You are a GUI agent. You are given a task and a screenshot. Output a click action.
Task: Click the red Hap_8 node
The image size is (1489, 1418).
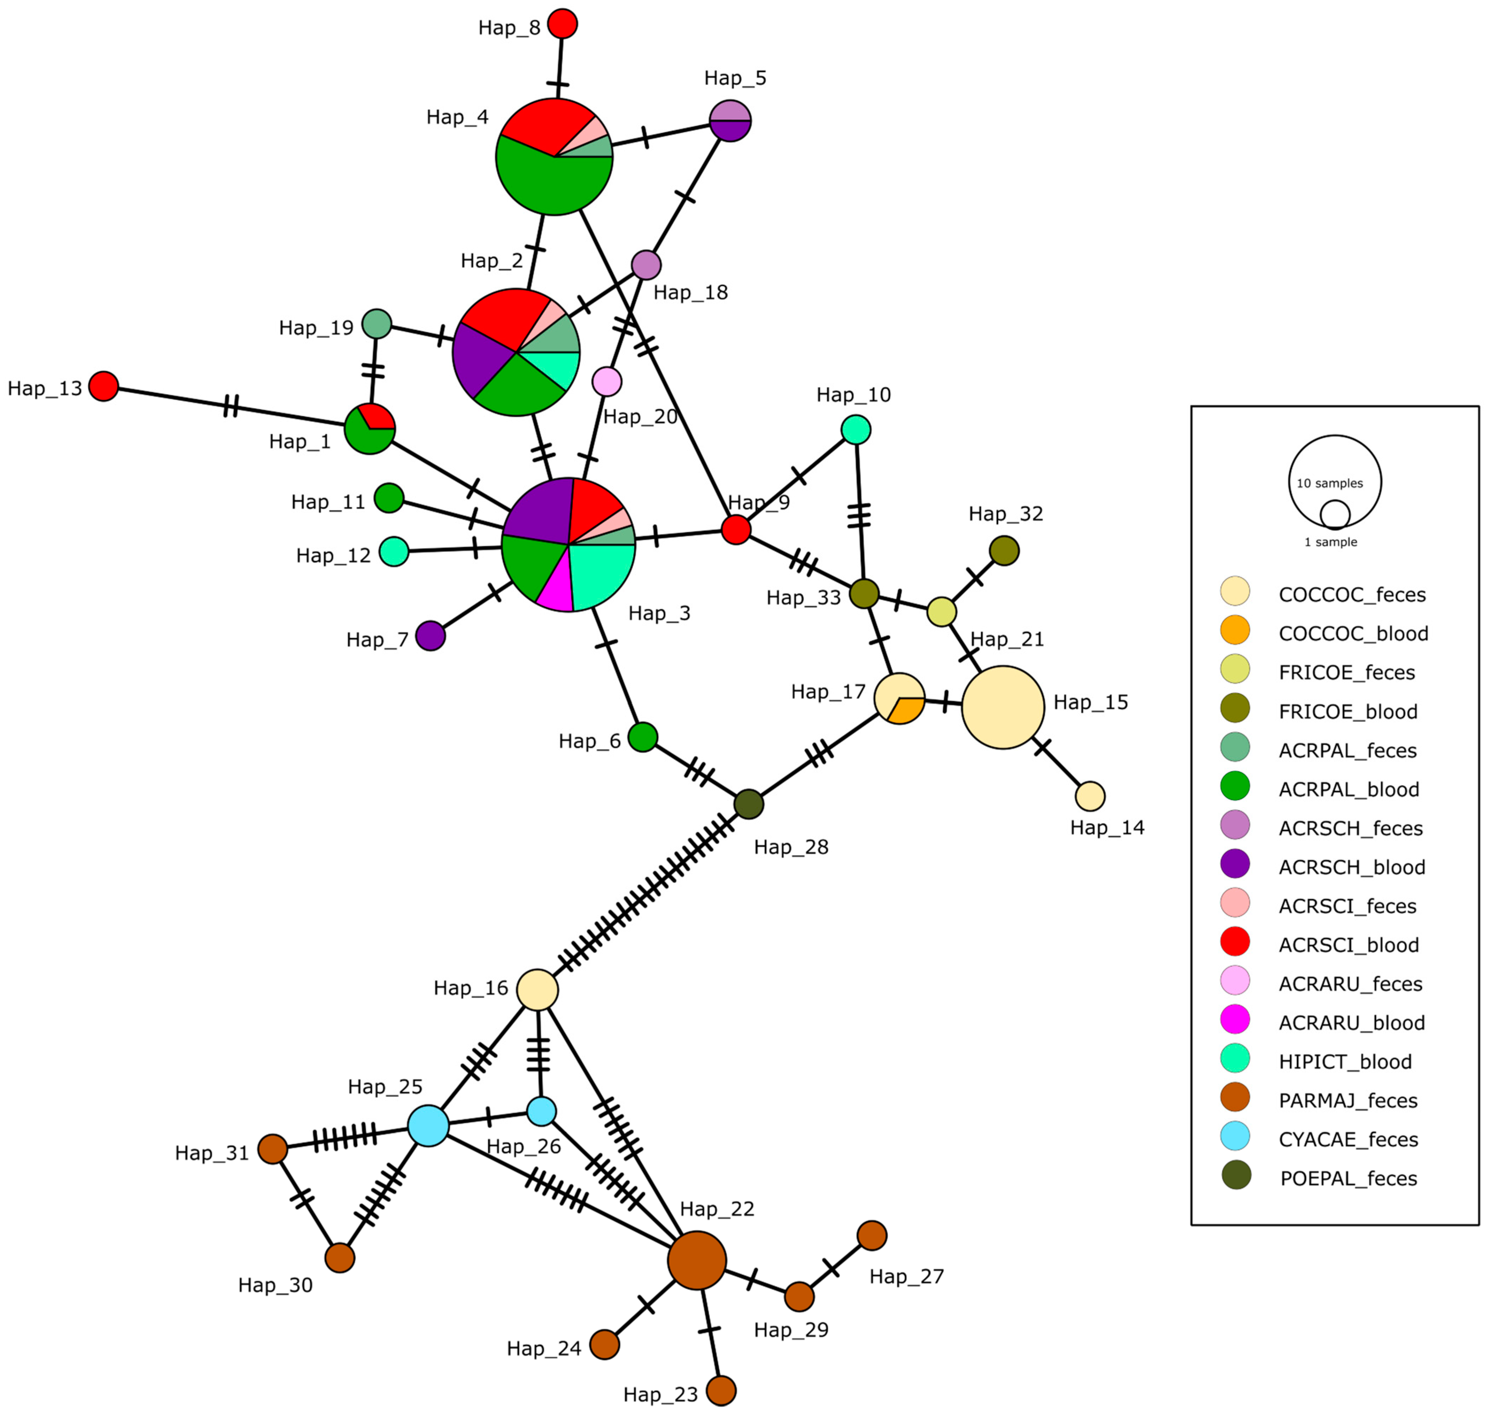pyautogui.click(x=562, y=23)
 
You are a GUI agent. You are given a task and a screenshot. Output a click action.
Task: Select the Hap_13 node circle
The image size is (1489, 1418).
pyautogui.click(x=103, y=386)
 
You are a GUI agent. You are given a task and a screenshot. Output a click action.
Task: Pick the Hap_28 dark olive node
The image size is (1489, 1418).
pyautogui.click(x=748, y=803)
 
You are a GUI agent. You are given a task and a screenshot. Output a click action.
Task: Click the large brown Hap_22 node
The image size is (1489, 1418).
pyautogui.click(x=697, y=1260)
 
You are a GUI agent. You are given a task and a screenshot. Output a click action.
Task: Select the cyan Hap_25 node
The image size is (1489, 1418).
pyautogui.click(x=428, y=1126)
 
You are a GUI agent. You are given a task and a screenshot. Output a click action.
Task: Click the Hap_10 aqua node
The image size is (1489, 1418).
pyautogui.click(x=856, y=429)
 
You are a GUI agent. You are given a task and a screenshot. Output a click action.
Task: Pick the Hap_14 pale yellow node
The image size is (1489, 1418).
pyautogui.click(x=1090, y=796)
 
